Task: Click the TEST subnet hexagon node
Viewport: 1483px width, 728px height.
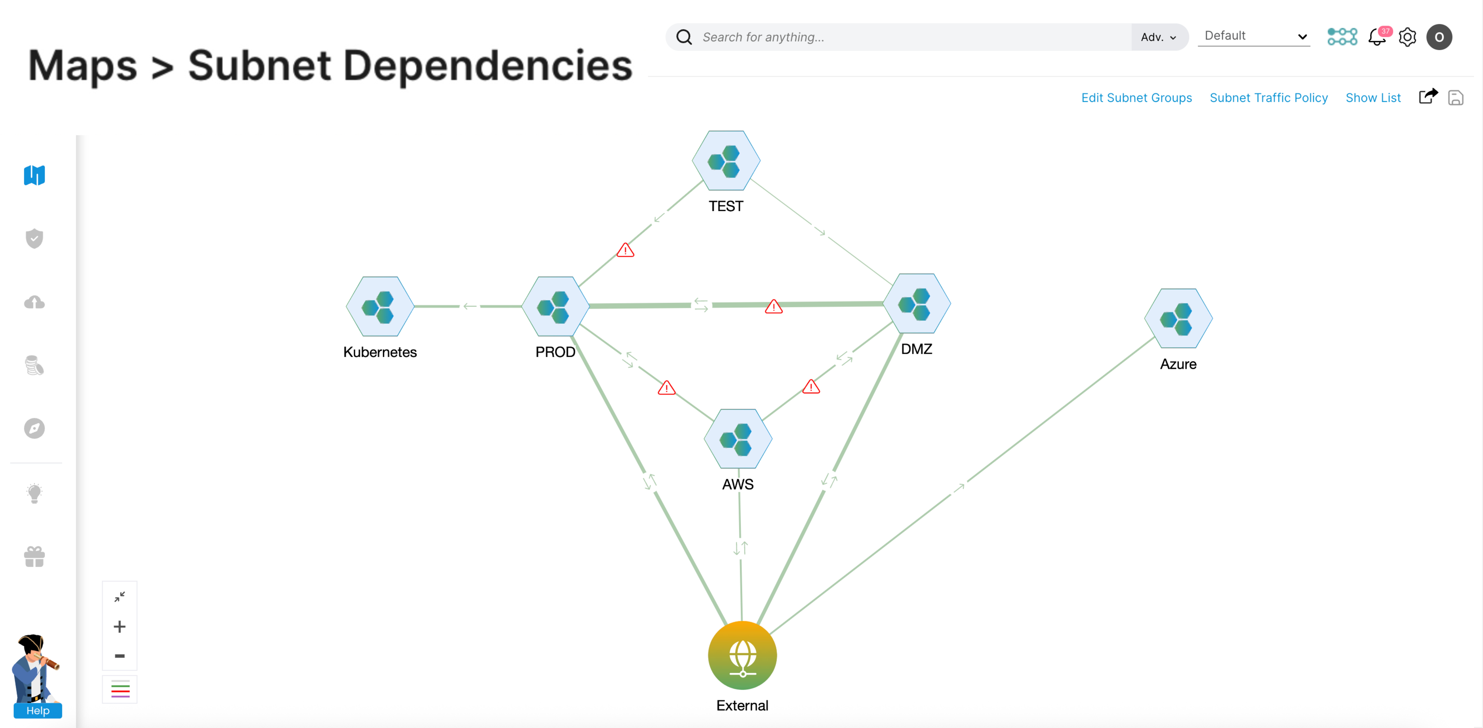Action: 726,161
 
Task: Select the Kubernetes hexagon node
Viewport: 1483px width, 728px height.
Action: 380,306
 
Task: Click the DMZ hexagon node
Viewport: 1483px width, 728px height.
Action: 917,304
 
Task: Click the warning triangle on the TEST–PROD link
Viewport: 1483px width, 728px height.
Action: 625,251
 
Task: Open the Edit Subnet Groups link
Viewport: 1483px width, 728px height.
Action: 1136,98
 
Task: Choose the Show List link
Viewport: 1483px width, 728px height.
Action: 1373,98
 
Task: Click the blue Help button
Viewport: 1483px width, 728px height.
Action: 38,710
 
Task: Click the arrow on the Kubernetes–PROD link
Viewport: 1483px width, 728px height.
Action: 470,306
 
